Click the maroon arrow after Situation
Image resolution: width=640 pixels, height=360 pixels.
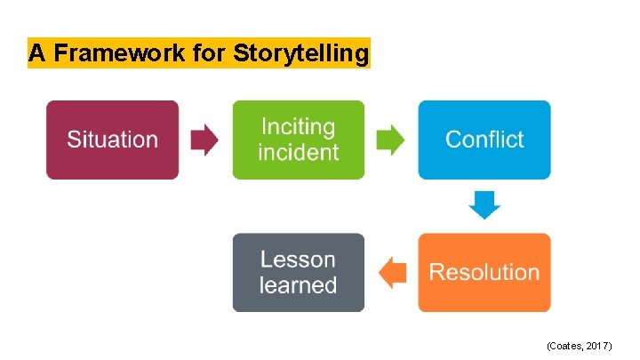click(205, 140)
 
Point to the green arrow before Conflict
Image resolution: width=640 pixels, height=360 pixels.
click(391, 140)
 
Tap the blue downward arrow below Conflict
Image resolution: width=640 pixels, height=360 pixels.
click(484, 205)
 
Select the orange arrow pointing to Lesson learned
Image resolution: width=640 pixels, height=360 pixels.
click(392, 272)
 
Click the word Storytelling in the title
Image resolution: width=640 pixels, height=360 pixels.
click(300, 54)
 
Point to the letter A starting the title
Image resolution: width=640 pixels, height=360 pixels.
click(36, 54)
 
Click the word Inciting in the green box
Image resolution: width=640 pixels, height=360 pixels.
click(298, 127)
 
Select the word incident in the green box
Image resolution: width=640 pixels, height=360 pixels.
click(298, 152)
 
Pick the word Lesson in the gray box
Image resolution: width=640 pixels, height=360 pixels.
click(298, 260)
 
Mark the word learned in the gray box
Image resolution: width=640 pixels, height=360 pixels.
click(298, 285)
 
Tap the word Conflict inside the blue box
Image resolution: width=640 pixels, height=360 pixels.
click(484, 140)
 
